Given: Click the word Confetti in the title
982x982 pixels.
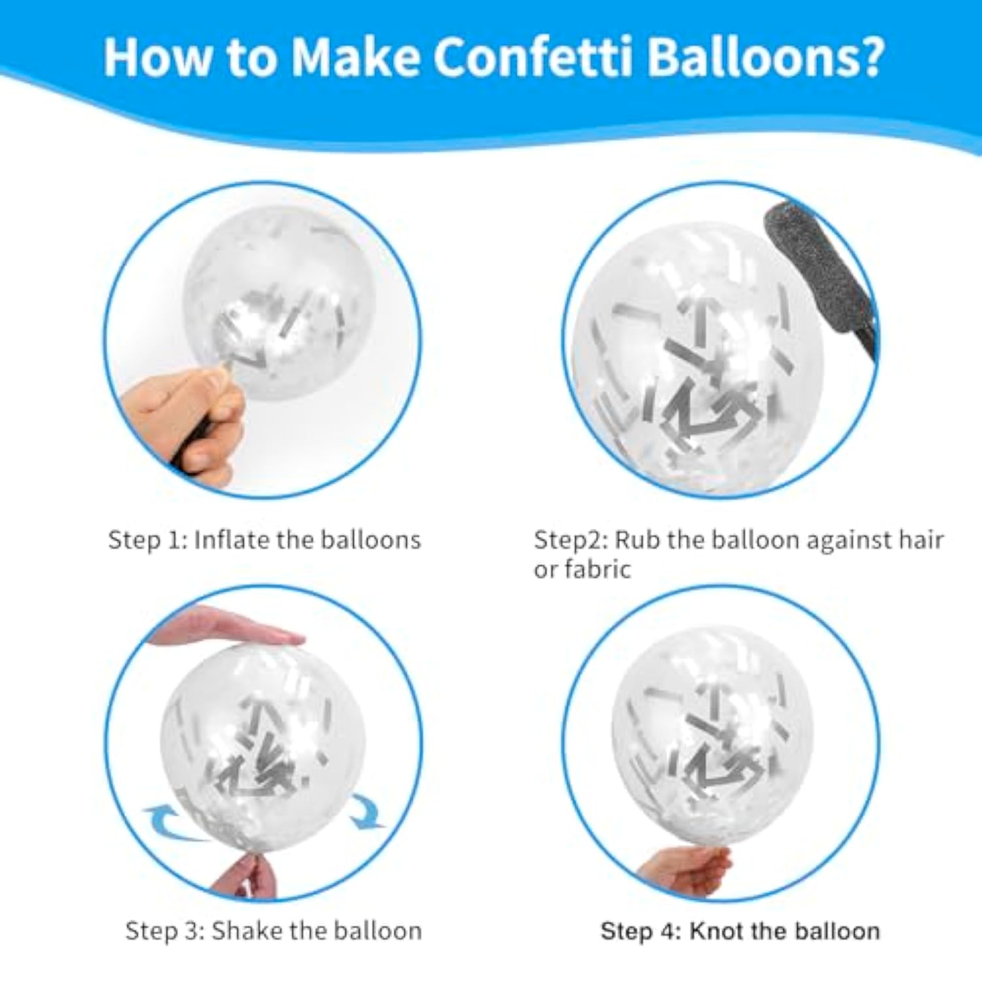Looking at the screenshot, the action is (x=533, y=57).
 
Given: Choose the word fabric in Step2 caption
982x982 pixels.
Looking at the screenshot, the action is (x=598, y=570).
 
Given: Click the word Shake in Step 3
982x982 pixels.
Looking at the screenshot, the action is (x=244, y=930).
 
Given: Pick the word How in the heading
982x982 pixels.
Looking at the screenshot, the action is (x=158, y=57).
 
